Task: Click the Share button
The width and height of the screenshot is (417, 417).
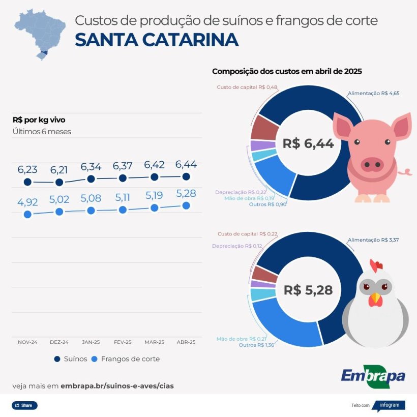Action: pos(24,405)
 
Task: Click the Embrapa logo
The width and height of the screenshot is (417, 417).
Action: pos(373,376)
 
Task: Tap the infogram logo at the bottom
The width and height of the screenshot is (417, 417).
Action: pos(391,405)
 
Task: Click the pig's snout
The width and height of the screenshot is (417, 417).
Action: pos(372,164)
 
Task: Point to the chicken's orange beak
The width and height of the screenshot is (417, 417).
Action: pos(375,299)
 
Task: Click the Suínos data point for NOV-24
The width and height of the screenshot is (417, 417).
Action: pos(27,182)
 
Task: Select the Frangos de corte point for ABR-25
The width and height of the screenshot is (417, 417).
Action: pos(186,205)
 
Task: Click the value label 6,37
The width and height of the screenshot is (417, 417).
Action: pos(123,166)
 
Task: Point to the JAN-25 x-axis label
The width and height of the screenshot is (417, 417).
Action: pos(91,342)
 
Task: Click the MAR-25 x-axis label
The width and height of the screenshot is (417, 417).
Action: pos(154,342)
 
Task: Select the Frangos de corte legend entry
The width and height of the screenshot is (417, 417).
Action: pos(125,359)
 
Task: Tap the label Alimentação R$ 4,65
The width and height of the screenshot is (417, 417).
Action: pos(370,94)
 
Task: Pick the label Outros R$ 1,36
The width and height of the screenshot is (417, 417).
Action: pos(257,345)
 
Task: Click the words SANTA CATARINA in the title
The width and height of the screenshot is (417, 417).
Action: pos(156,40)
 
